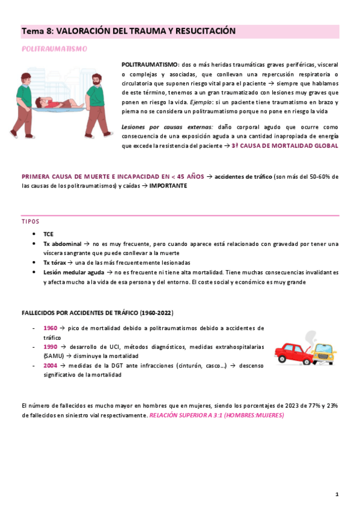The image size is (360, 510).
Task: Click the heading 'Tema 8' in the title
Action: click(37, 31)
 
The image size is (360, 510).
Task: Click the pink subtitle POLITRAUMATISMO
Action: click(54, 48)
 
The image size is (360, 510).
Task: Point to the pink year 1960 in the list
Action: click(50, 328)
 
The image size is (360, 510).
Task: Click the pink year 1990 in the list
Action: click(50, 347)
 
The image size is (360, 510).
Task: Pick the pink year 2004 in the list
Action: click(50, 365)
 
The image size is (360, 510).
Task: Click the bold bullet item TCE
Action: click(49, 234)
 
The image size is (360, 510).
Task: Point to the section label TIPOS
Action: click(30, 221)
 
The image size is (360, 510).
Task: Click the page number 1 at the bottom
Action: click(337, 494)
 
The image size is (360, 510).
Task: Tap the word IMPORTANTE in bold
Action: click(169, 186)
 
